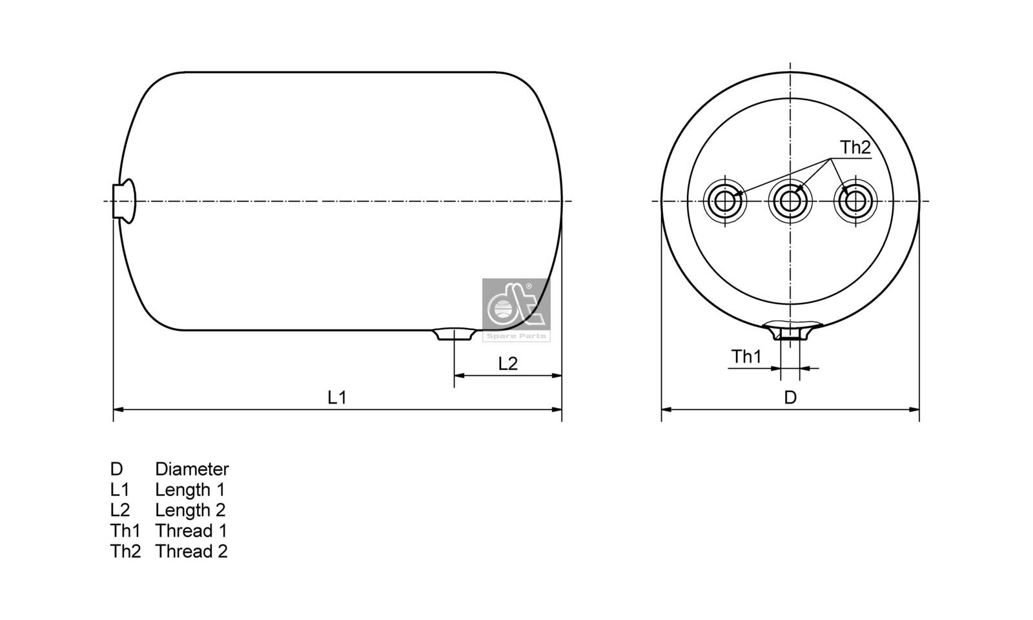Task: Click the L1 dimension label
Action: click(337, 397)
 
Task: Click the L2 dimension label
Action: click(508, 364)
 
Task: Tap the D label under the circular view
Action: click(790, 397)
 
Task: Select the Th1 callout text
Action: click(746, 356)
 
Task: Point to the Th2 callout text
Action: click(855, 147)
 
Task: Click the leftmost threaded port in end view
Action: click(725, 201)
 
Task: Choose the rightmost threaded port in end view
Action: click(856, 201)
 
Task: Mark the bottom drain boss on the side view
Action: click(455, 334)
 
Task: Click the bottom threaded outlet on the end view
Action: click(790, 333)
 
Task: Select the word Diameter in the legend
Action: click(192, 469)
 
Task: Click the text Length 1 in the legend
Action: click(190, 490)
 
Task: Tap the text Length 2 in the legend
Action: click(190, 510)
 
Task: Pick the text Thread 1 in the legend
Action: click(191, 531)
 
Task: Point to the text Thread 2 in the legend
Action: click(191, 552)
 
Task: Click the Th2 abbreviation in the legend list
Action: click(125, 552)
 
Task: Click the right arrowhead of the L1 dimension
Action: click(557, 409)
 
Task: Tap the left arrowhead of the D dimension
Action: click(666, 409)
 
